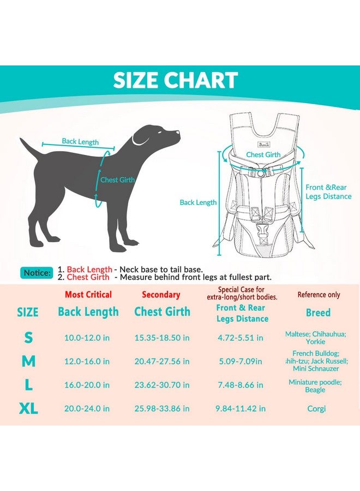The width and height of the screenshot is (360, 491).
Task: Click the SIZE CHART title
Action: [x=175, y=81]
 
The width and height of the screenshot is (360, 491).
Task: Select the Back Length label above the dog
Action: [x=80, y=142]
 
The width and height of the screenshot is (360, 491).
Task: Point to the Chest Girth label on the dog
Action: [x=117, y=179]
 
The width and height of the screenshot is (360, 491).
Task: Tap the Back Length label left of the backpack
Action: [x=198, y=202]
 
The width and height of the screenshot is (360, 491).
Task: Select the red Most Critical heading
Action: [x=88, y=295]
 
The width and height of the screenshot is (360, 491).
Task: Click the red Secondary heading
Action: [x=161, y=295]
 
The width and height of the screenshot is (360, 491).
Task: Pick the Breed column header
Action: [x=318, y=313]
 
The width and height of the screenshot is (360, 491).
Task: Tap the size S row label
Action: [x=28, y=338]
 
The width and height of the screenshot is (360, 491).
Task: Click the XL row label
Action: [x=28, y=409]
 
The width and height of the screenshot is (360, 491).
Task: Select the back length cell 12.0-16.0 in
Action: [x=87, y=362]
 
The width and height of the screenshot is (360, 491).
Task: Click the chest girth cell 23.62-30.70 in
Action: [x=162, y=385]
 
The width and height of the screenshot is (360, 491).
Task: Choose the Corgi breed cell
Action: [x=316, y=409]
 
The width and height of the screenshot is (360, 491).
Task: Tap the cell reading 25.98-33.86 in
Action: [x=162, y=409]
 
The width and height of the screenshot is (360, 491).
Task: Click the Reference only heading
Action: [x=319, y=295]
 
